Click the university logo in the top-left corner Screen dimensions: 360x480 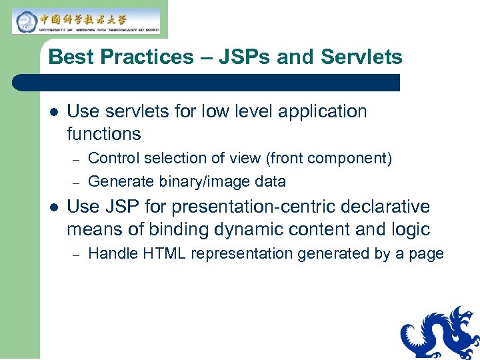pyautogui.click(x=85, y=21)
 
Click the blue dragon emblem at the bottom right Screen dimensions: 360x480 pyautogui.click(x=440, y=333)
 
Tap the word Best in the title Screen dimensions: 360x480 pyautogui.click(x=69, y=57)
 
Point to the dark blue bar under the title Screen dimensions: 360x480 pyautogui.click(x=207, y=83)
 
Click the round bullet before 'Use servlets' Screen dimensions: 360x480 pyautogui.click(x=52, y=111)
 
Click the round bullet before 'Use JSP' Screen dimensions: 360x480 pyautogui.click(x=52, y=207)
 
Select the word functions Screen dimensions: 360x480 pyautogui.click(x=104, y=134)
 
